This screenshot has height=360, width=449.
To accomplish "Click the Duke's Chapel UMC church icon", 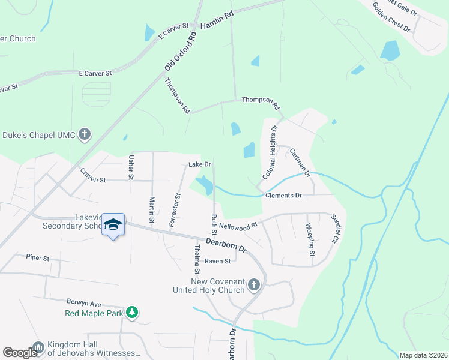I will tap(85, 134).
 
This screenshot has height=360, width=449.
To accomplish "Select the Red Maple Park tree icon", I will tap(132, 313).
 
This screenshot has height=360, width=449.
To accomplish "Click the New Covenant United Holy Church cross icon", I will tap(254, 284).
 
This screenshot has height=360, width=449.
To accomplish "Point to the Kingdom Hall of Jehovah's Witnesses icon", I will tap(38, 347).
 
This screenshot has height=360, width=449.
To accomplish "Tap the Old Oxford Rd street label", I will tap(181, 52).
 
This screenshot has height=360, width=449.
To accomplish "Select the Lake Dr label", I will tap(200, 164).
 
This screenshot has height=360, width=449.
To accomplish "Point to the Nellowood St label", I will tap(238, 226).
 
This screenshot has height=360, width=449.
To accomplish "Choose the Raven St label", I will tap(217, 261).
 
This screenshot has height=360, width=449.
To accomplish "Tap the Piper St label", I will tap(37, 257).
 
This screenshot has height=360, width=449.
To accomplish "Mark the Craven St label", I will tap(92, 175).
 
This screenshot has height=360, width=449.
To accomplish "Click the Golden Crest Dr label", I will tap(391, 18).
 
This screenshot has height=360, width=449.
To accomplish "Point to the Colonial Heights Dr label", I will tap(270, 153).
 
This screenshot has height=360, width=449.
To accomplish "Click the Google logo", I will tap(20, 353).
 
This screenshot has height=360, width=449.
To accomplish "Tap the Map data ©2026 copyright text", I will tap(423, 355).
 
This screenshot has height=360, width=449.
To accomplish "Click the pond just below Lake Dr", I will tap(205, 184).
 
